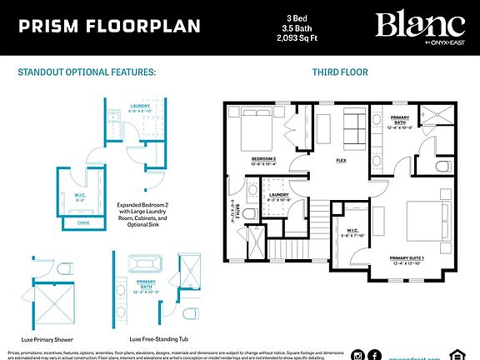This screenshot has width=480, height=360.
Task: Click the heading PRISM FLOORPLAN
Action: click(x=109, y=26)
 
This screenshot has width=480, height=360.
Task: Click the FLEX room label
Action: click(x=341, y=160)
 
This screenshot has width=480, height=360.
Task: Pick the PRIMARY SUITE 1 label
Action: click(x=407, y=258)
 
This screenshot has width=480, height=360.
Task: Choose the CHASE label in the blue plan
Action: click(x=82, y=222)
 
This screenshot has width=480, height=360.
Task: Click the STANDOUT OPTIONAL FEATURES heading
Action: click(x=87, y=72)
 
